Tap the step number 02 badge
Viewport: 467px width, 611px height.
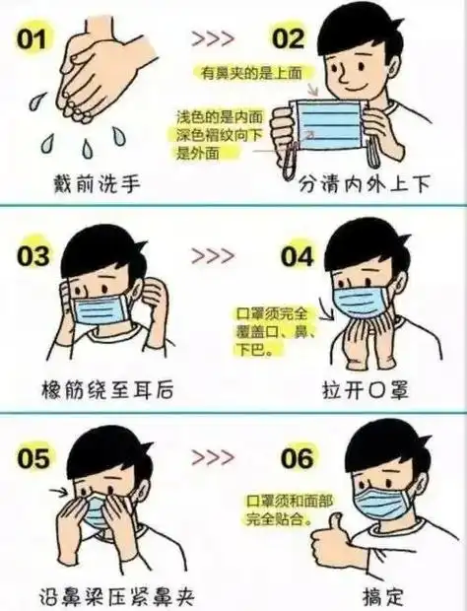[288, 39]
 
